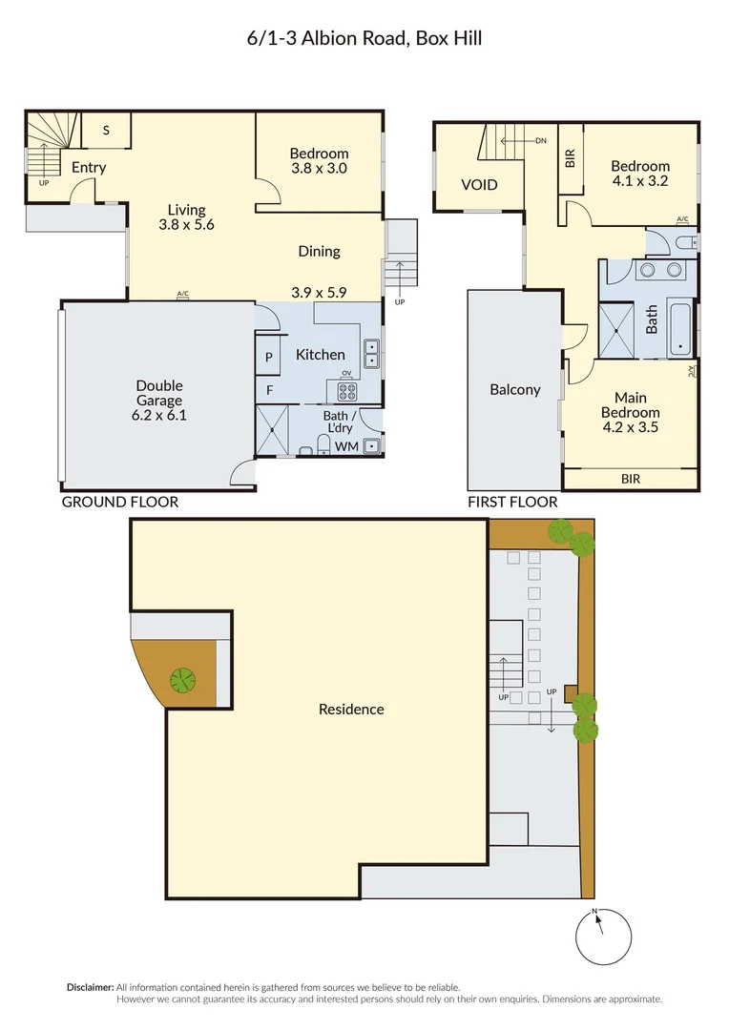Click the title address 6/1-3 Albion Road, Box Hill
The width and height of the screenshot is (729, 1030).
(364, 39)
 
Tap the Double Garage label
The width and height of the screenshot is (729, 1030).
(158, 401)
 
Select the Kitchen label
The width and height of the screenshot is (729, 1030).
(320, 355)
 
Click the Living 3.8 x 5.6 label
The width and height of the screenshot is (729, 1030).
(186, 217)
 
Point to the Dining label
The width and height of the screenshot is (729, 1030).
(319, 252)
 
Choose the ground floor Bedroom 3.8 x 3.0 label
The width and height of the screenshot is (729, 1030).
(319, 160)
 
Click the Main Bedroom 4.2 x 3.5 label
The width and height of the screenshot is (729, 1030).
(630, 412)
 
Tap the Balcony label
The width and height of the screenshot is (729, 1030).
(514, 389)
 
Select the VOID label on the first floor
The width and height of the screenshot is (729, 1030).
(479, 185)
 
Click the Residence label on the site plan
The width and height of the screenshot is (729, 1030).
(351, 709)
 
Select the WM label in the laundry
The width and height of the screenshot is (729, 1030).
(346, 446)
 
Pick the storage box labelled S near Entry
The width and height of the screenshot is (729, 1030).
(104, 131)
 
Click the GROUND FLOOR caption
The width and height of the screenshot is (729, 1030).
(119, 502)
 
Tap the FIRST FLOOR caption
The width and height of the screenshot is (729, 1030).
(511, 502)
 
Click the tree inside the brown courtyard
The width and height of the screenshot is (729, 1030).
(181, 680)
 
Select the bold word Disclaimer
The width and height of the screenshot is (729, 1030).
(90, 987)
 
